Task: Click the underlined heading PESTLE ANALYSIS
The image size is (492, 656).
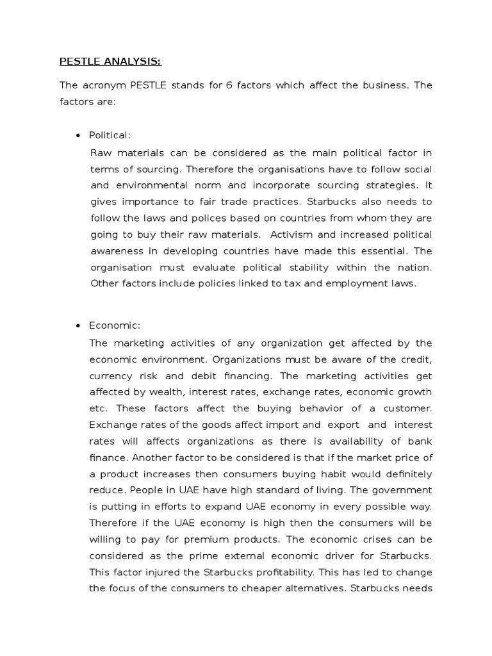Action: pyautogui.click(x=110, y=61)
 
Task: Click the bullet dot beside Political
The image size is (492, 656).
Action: pyautogui.click(x=78, y=135)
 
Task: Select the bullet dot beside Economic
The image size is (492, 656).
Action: pyautogui.click(x=78, y=326)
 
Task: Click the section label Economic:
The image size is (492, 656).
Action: pyautogui.click(x=114, y=326)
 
